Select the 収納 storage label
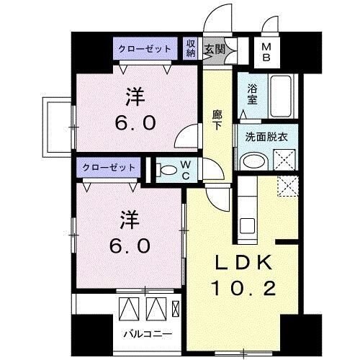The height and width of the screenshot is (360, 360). tap(190, 49)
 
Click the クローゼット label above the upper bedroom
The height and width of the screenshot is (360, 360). tap(145, 50)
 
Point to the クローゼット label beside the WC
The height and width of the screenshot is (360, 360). tap(109, 166)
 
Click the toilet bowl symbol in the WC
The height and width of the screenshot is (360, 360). tap(168, 171)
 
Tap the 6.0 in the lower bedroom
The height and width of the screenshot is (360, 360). tap(130, 245)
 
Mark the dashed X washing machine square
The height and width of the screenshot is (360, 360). tap(287, 186)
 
